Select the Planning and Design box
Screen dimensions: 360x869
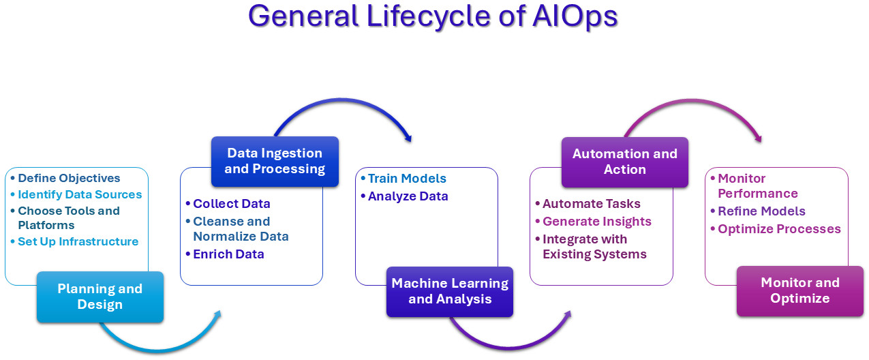[x=100, y=297]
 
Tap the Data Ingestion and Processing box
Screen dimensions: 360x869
[x=275, y=161]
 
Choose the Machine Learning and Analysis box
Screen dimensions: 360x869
[x=450, y=291]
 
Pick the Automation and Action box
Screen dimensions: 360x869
[x=624, y=162]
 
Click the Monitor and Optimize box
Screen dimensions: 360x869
[x=799, y=290]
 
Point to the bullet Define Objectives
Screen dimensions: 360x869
[x=69, y=178]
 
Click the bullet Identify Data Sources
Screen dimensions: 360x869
[x=80, y=194]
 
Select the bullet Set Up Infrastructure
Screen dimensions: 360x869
[x=78, y=241]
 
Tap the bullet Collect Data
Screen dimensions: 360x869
[x=232, y=204]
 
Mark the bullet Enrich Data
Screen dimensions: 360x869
[x=228, y=254]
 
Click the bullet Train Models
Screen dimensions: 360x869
[x=407, y=179]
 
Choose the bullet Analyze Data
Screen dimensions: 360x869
[x=408, y=196]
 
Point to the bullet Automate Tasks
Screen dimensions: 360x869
[x=592, y=204]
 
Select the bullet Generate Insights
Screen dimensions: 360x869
[x=597, y=222]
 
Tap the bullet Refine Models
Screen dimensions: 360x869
[x=761, y=211]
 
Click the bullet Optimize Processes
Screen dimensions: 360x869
[x=779, y=229]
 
